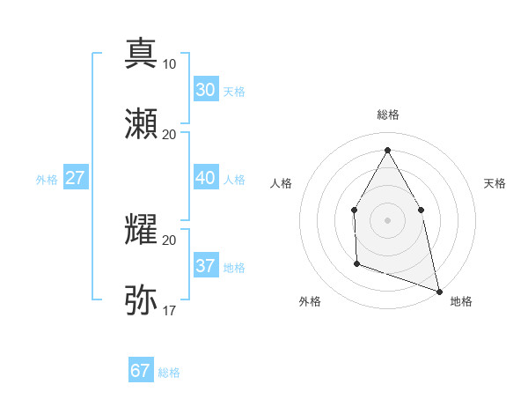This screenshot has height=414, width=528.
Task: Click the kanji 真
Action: coord(141,53)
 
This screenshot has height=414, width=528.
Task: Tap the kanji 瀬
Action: coord(141,123)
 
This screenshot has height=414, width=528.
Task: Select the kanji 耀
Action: coord(141,229)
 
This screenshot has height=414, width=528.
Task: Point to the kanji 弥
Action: coord(141,299)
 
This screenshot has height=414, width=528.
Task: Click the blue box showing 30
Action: coord(205,90)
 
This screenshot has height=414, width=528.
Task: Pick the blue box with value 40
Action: coord(205,178)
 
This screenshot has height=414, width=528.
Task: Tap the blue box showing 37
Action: coord(205,266)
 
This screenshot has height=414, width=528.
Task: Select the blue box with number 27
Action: coord(75,178)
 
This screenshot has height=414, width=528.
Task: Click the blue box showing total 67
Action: coord(141,371)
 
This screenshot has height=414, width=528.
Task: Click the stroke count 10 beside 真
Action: coord(169,64)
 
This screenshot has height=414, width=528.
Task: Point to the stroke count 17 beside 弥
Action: coord(169,310)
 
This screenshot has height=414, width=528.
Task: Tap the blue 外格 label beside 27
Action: coord(47,180)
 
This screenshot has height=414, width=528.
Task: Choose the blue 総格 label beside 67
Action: coord(169,373)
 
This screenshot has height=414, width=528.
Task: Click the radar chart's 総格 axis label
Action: coord(387,115)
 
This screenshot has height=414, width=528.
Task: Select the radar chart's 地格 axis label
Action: coord(461,301)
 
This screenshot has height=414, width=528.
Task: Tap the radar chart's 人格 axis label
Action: coord(282,183)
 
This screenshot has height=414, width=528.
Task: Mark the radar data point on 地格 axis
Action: coord(438,291)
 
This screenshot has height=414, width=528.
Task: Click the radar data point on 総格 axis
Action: coord(387,150)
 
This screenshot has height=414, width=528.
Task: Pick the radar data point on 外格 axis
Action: coord(356,262)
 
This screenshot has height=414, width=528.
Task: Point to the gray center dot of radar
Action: coord(387,219)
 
